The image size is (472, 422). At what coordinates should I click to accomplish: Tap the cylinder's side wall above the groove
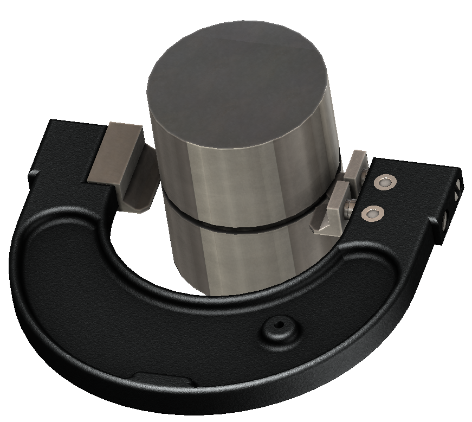tap(244, 174)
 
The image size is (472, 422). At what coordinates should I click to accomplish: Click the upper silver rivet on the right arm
tap(384, 183)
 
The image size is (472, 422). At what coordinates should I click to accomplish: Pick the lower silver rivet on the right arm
tap(371, 213)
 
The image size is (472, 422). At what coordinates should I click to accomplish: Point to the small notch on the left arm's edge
tap(34, 175)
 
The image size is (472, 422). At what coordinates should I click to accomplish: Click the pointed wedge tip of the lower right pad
tap(320, 230)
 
